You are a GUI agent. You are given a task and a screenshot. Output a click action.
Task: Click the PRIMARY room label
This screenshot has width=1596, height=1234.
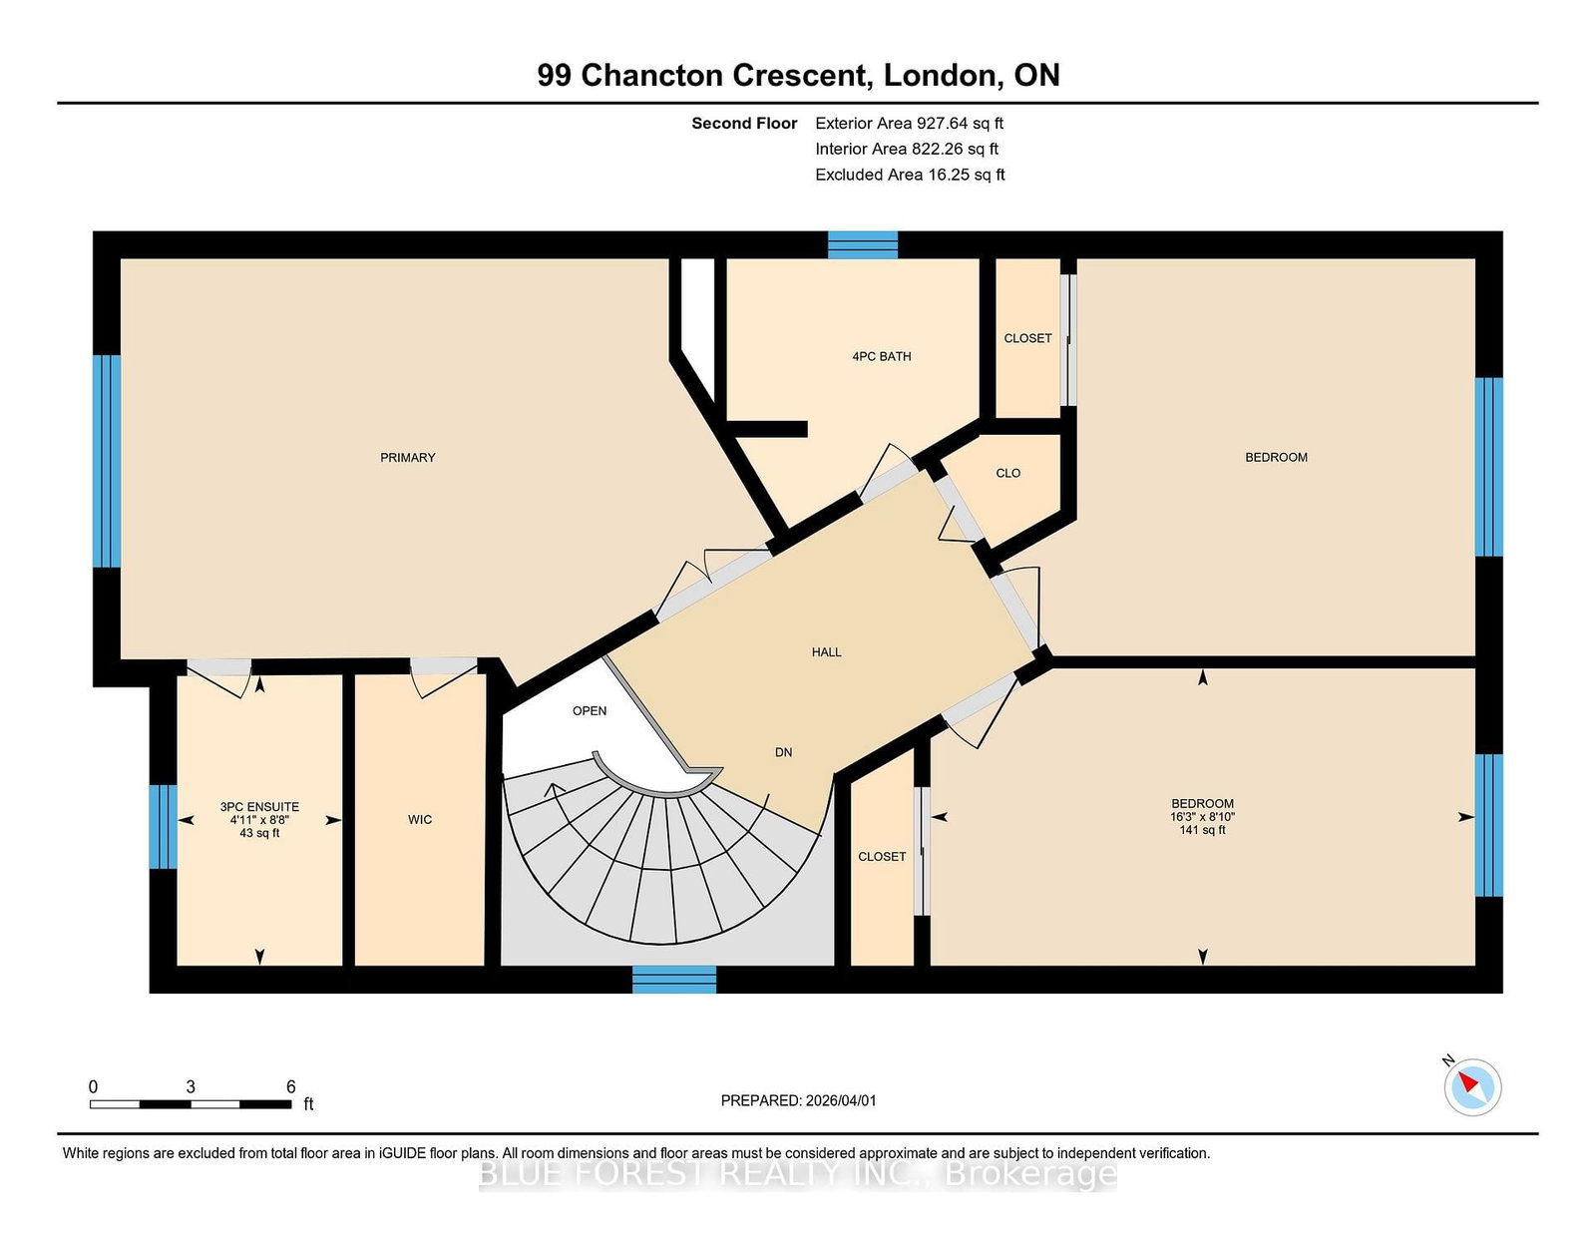coord(408,458)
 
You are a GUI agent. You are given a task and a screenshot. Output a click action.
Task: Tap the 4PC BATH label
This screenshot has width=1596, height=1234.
coord(882,356)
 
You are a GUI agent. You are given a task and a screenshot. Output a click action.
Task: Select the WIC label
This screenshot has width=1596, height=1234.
coord(420,820)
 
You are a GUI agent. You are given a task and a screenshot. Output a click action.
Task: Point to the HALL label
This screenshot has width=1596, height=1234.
coord(826,652)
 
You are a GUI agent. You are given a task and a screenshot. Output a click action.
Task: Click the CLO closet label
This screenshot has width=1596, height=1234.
coord(1008,473)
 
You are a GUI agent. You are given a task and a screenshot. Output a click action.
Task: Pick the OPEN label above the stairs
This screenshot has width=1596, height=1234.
coord(590,711)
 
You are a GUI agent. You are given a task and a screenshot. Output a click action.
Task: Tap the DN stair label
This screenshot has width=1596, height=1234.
coord(784,752)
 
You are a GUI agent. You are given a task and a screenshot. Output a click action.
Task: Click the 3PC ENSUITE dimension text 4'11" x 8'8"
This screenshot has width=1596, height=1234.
coord(260,820)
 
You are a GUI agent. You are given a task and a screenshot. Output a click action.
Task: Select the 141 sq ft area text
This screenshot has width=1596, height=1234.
coord(1202,830)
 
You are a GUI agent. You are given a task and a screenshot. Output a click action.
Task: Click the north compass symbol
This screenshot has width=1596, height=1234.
coord(1472,1087)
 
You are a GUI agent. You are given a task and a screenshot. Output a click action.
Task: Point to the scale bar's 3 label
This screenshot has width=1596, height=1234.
coord(191,1087)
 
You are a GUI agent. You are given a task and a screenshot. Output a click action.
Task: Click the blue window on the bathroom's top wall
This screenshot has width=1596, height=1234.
coord(863,245)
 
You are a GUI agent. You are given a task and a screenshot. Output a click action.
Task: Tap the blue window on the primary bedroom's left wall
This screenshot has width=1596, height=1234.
coord(107,461)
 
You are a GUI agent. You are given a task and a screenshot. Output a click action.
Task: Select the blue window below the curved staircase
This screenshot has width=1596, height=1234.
coord(674,980)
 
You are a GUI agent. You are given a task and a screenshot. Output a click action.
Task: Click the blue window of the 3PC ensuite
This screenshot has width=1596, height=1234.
coord(163,827)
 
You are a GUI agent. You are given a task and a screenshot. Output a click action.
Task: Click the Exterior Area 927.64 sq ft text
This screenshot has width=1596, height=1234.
coord(910,124)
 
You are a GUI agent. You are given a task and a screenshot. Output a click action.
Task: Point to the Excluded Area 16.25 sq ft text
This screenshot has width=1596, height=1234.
coord(910,175)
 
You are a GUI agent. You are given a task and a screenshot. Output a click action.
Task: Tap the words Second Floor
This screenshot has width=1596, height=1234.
coord(744,124)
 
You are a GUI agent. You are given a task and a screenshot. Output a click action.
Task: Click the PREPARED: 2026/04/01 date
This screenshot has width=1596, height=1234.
coord(798,1100)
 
